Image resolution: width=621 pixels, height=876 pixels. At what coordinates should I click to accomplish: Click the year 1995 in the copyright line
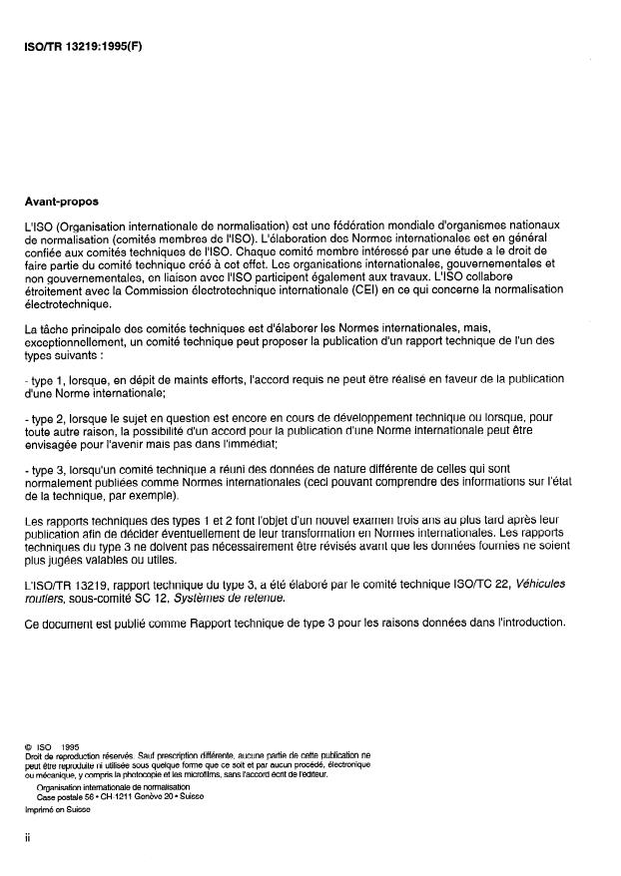[70, 745]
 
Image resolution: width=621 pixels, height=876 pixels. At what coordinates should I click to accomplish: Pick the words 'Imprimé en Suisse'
[56, 809]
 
